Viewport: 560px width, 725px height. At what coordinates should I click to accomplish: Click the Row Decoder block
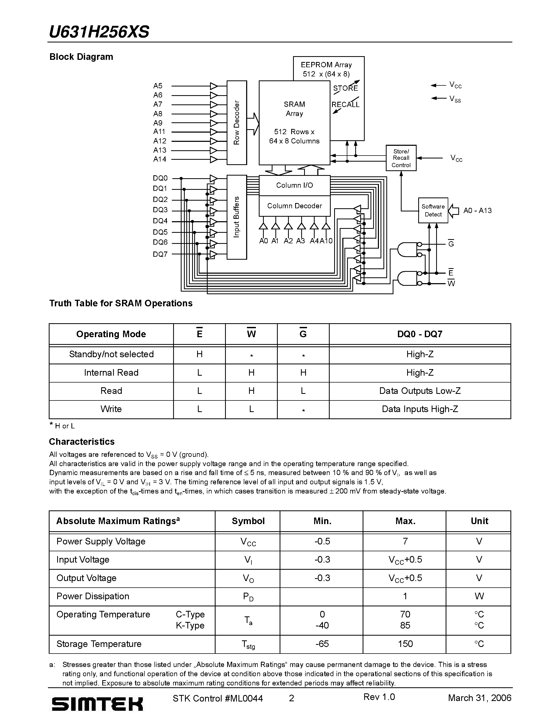(237, 123)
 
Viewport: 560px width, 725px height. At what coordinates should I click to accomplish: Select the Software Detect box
(433, 210)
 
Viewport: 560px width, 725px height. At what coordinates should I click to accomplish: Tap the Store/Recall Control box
(401, 158)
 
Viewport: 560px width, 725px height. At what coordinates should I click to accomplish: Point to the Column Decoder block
(295, 206)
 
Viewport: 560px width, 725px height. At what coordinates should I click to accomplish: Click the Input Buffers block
(237, 217)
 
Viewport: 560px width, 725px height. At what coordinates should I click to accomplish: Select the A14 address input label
(160, 159)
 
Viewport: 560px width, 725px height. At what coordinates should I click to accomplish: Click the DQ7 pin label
(160, 254)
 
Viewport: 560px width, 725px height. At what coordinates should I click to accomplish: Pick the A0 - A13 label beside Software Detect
(478, 210)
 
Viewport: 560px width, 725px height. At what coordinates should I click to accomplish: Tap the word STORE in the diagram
(345, 88)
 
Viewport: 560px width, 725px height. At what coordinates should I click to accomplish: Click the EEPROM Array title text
(326, 65)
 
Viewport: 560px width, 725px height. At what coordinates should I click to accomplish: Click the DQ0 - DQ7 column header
(420, 334)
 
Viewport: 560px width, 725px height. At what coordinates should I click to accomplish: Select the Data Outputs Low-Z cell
(420, 391)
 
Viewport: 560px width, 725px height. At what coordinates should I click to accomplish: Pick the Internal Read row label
(111, 373)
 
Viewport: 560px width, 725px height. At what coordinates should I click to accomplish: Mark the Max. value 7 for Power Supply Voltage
(405, 542)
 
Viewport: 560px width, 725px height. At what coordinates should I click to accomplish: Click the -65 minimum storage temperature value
(322, 644)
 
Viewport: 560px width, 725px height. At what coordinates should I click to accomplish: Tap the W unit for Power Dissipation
(479, 596)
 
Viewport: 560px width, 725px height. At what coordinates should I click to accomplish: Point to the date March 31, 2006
(479, 698)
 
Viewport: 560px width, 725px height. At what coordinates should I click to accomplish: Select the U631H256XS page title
(99, 32)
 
